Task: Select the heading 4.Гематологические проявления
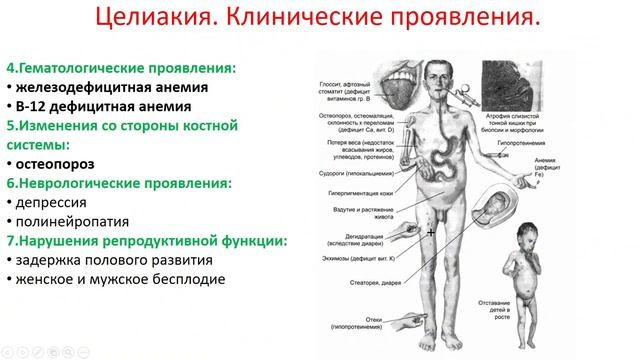pyautogui.click(x=122, y=68)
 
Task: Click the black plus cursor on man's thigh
pyautogui.click(x=431, y=232)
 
